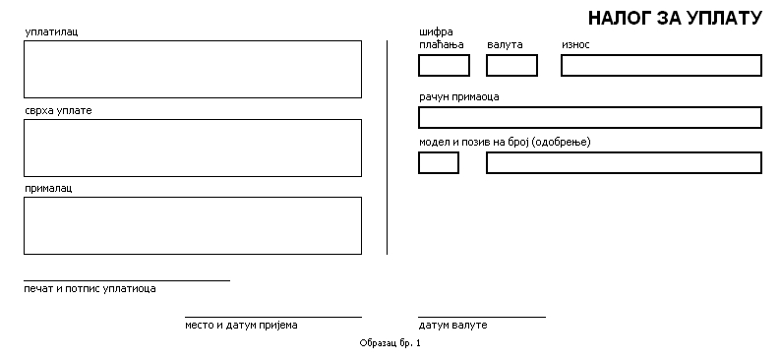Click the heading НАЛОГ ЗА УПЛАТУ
675,19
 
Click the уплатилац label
51,32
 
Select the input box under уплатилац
193,69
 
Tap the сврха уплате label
58,110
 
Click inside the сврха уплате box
193,148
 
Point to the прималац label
48,189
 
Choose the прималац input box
193,225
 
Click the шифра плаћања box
444,65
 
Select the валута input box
512,65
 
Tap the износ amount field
661,65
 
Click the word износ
575,45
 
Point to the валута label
505,45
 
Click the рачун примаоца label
458,97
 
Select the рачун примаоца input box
590,117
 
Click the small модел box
439,163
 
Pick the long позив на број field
624,163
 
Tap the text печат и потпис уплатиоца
90,289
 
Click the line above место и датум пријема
273,317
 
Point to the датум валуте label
452,326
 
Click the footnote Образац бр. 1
390,343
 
